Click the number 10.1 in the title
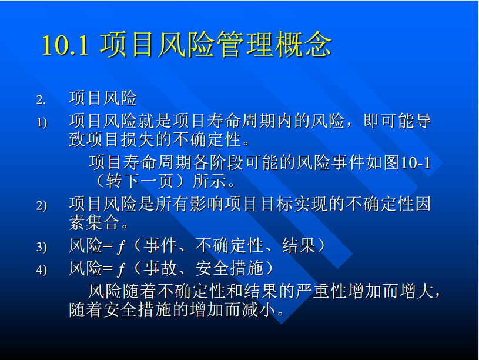pyautogui.click(x=66, y=45)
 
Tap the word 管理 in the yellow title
pyautogui.click(x=245, y=45)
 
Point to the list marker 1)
pyautogui.click(x=42, y=123)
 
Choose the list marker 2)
pyautogui.click(x=42, y=205)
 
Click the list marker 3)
pyautogui.click(x=42, y=247)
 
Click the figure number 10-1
pyautogui.click(x=415, y=163)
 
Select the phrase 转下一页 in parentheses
pyautogui.click(x=140, y=181)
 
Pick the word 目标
pyautogui.click(x=276, y=204)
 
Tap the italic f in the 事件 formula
pyautogui.click(x=121, y=246)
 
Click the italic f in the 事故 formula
pyautogui.click(x=121, y=269)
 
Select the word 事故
pyautogui.click(x=160, y=268)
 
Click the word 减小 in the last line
pyautogui.click(x=259, y=310)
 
